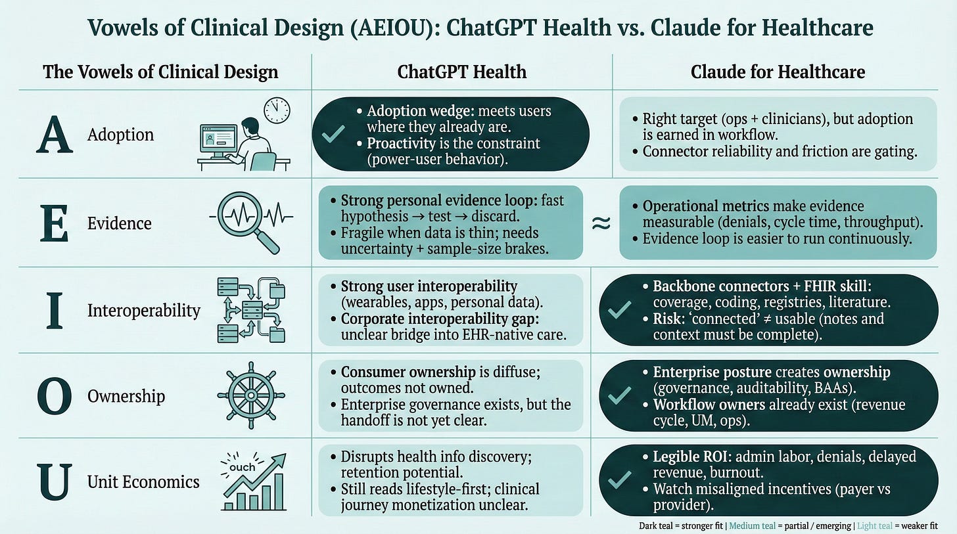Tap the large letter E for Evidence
[55, 224]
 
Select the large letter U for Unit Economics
[55, 481]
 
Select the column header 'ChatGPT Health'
[461, 72]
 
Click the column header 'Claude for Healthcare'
[778, 72]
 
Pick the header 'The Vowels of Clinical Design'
[160, 72]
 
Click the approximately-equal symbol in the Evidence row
[601, 223]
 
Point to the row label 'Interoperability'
[143, 310]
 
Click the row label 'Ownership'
[126, 397]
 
